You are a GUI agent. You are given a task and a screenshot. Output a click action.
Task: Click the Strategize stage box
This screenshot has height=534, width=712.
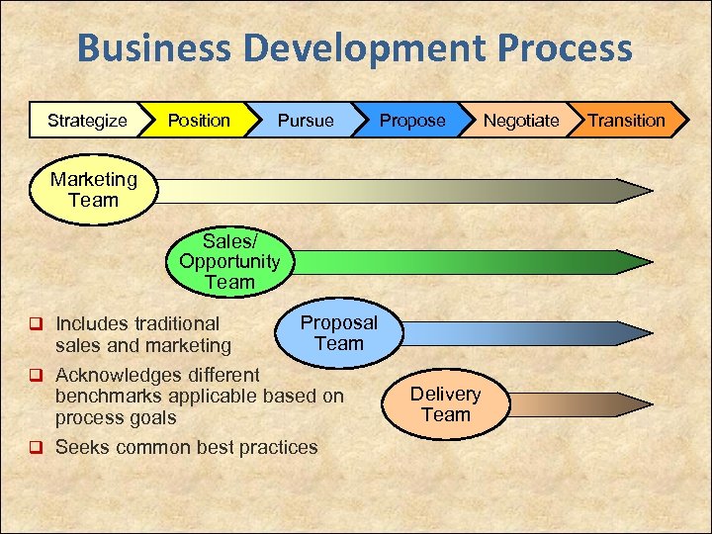87,121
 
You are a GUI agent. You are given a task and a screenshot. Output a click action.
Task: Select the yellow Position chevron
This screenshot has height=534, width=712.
199,121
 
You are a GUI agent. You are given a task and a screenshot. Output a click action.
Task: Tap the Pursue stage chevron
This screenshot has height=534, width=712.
306,121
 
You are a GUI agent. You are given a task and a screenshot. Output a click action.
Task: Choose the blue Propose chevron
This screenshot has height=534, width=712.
412,121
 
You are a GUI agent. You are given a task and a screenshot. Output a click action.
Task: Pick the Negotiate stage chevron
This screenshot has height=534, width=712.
520,121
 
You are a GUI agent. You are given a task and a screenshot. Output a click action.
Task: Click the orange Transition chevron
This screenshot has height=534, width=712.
627,121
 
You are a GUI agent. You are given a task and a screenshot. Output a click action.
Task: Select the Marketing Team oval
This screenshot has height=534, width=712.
93,190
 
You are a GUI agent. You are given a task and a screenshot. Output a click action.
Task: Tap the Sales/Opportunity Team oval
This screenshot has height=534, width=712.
229,261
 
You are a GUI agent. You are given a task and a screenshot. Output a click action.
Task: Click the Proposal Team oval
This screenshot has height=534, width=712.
338,333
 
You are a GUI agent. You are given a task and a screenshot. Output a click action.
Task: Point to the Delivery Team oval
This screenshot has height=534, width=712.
445,403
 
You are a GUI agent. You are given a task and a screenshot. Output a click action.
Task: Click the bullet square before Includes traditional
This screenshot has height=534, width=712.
36,323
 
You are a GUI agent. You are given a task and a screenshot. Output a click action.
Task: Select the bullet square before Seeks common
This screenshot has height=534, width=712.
36,448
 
